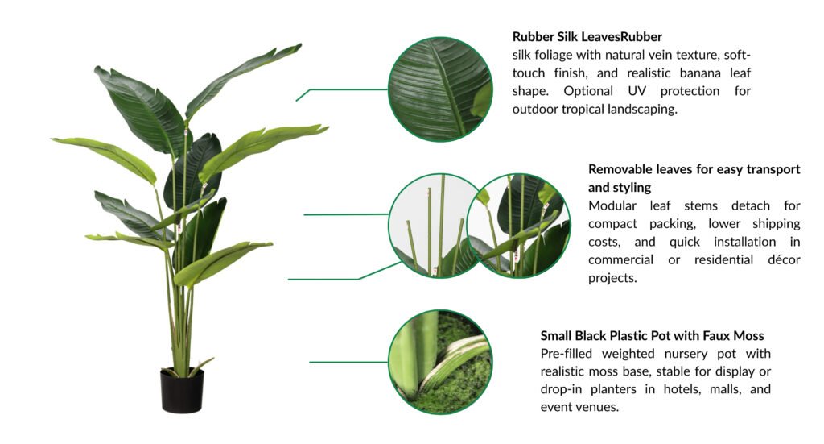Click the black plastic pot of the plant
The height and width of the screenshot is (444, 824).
click(x=182, y=390)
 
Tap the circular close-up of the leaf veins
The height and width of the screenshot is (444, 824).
click(x=440, y=89)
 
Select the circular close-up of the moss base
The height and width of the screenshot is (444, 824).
click(x=440, y=362)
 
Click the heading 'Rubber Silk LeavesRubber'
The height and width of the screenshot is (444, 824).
click(x=587, y=37)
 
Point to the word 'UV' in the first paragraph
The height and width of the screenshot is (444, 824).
click(x=637, y=91)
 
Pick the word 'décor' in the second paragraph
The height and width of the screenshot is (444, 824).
click(x=784, y=260)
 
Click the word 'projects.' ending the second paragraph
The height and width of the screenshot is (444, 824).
click(x=612, y=278)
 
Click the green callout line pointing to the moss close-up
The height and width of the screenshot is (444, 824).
click(x=348, y=362)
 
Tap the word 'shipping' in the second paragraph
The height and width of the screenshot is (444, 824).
click(x=777, y=224)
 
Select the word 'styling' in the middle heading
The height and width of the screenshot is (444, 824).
click(x=633, y=188)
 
